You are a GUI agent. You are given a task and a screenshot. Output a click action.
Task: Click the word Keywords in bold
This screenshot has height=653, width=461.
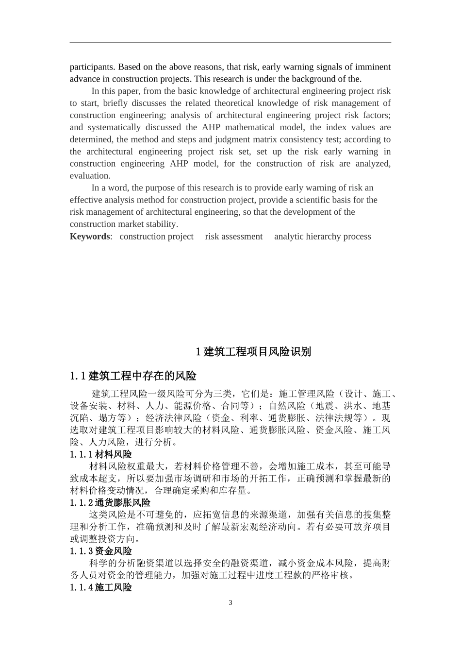coord(90,237)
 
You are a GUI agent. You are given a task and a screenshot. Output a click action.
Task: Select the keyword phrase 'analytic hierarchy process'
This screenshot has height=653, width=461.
coord(322,237)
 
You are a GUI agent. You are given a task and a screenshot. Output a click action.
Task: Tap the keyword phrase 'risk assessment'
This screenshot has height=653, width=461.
coord(233,237)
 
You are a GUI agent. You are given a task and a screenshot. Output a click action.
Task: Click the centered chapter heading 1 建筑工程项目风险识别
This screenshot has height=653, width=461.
coord(253,352)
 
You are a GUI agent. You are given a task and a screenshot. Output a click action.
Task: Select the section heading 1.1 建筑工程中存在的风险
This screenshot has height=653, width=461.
coord(133,376)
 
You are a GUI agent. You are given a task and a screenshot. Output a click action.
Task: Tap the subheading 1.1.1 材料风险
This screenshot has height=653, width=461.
coord(100,454)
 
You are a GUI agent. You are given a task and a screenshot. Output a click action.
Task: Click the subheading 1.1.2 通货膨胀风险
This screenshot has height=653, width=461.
coord(110,503)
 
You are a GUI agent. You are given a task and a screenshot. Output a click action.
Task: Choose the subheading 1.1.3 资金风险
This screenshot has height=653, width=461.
coord(100,551)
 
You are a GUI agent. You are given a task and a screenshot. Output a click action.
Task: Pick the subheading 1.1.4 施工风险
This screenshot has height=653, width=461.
coord(100,587)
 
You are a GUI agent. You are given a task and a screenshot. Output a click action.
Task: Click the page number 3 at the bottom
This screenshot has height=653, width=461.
coord(230,603)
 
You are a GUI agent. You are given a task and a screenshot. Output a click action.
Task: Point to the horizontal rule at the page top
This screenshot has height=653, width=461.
coord(230,42)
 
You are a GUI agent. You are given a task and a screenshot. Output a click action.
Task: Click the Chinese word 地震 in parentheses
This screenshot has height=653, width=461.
coord(320,406)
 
